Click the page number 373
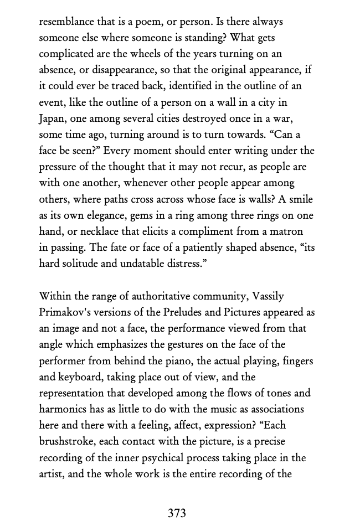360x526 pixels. coord(177,513)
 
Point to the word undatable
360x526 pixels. coord(141,264)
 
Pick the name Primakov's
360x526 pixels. coord(63,312)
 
